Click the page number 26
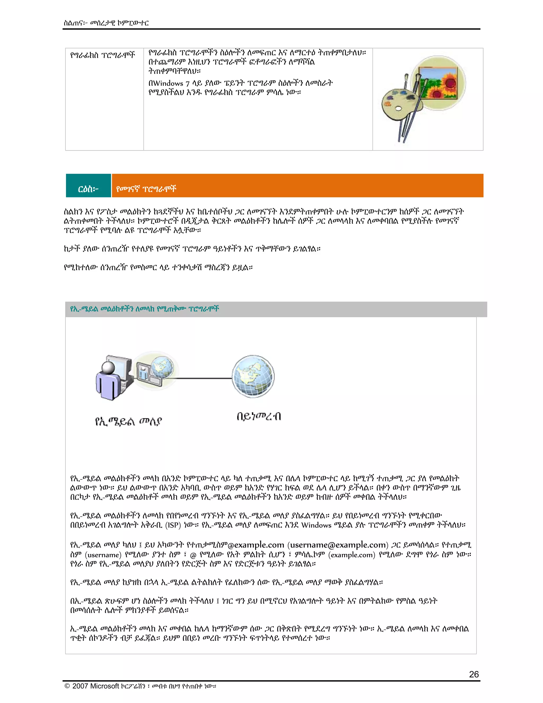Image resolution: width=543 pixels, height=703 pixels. pyautogui.click(x=474, y=674)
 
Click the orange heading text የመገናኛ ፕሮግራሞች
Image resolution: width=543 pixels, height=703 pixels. pyautogui.click(x=146, y=189)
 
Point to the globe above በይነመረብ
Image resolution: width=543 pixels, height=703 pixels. pyautogui.click(x=253, y=376)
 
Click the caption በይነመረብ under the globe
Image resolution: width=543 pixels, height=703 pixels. pyautogui.click(x=259, y=416)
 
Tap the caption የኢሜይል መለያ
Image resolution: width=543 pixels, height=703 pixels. pyautogui.click(x=128, y=421)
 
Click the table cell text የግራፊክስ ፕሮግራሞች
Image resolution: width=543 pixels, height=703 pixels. pyautogui.click(x=103, y=55)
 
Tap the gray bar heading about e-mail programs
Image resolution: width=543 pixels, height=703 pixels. pyautogui.click(x=144, y=309)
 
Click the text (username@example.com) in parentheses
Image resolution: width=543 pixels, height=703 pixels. pyautogui.click(x=338, y=545)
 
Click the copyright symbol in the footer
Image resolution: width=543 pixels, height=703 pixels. pyautogui.click(x=67, y=686)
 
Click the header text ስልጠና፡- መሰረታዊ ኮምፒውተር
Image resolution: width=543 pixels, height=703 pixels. pyautogui.click(x=106, y=23)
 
